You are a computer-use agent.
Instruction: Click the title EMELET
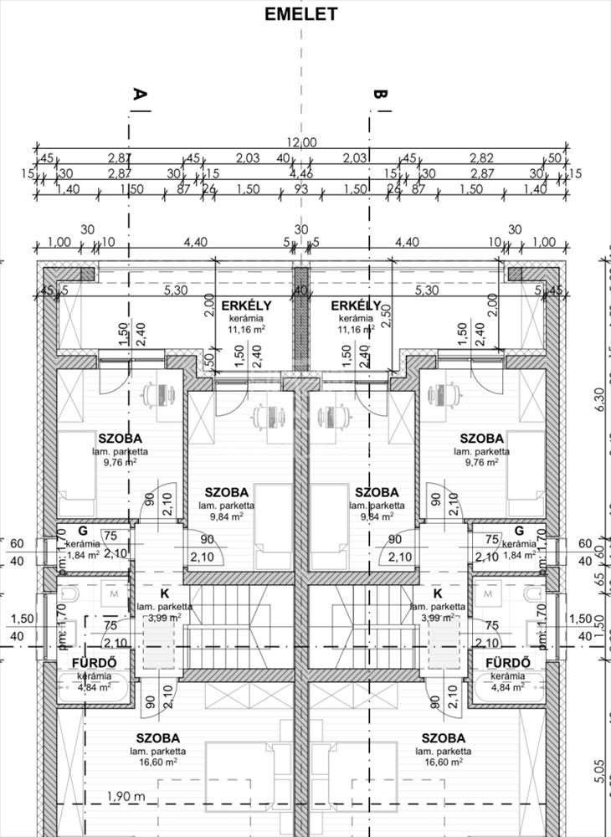(300, 14)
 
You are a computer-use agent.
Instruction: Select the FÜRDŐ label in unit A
(93, 664)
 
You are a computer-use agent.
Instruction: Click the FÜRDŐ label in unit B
(508, 664)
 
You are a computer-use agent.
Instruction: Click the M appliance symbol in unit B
(488, 593)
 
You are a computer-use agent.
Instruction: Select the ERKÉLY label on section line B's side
(357, 306)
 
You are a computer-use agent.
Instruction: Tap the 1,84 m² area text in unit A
(82, 553)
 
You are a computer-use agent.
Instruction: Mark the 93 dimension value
(301, 189)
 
